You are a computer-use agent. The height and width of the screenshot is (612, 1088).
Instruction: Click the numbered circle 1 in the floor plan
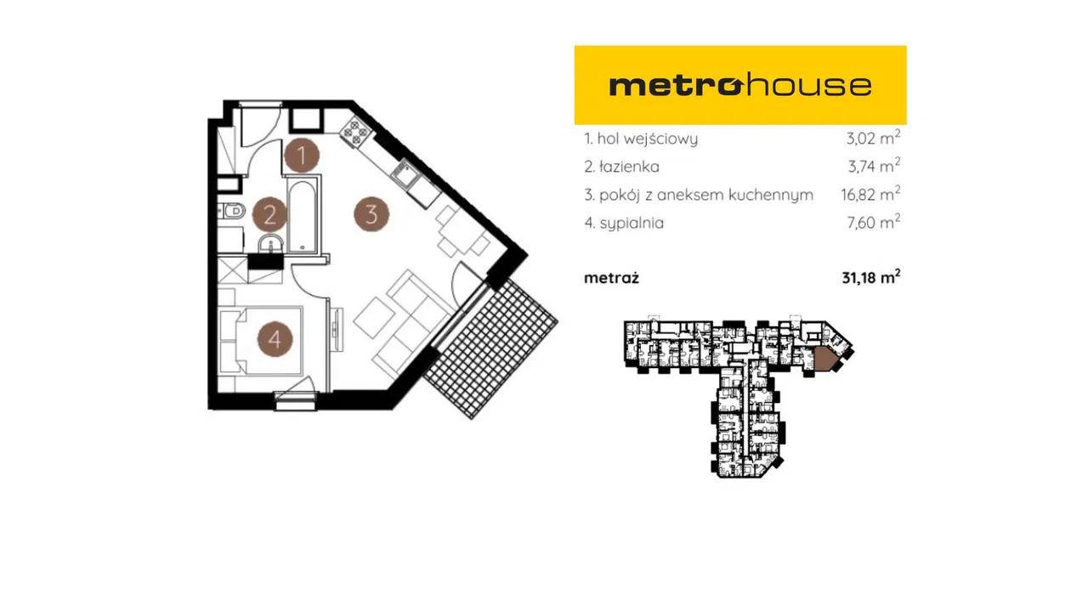pyautogui.click(x=302, y=156)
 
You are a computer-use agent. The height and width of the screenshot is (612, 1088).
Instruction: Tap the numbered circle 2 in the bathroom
pyautogui.click(x=270, y=214)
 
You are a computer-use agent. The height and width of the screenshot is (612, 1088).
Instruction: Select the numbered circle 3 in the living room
pyautogui.click(x=371, y=213)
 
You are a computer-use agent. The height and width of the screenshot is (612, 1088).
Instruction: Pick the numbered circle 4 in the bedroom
pyautogui.click(x=275, y=339)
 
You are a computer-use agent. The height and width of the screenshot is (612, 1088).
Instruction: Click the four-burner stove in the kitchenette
pyautogui.click(x=356, y=131)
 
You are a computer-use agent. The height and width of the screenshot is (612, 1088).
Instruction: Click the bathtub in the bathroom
pyautogui.click(x=303, y=216)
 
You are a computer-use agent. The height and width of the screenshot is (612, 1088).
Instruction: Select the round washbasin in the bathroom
pyautogui.click(x=270, y=244)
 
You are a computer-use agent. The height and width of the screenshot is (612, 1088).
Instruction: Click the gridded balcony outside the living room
pyautogui.click(x=490, y=348)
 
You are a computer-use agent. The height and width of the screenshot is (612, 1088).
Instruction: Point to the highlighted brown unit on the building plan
pyautogui.click(x=825, y=359)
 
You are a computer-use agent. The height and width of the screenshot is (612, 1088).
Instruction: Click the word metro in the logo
pyautogui.click(x=676, y=86)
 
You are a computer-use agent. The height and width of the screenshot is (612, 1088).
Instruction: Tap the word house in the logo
pyautogui.click(x=807, y=84)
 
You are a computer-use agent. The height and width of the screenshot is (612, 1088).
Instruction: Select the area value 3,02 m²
pyautogui.click(x=873, y=138)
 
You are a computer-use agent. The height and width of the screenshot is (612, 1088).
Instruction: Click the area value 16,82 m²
pyautogui.click(x=870, y=195)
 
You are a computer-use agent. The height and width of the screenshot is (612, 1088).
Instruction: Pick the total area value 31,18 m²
pyautogui.click(x=871, y=277)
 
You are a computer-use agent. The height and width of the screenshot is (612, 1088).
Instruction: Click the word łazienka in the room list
pyautogui.click(x=629, y=167)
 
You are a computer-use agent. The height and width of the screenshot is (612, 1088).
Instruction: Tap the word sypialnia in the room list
pyautogui.click(x=632, y=224)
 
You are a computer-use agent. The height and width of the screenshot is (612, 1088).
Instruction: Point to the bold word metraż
pyautogui.click(x=611, y=278)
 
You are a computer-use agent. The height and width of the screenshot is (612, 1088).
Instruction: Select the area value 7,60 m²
pyautogui.click(x=874, y=223)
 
